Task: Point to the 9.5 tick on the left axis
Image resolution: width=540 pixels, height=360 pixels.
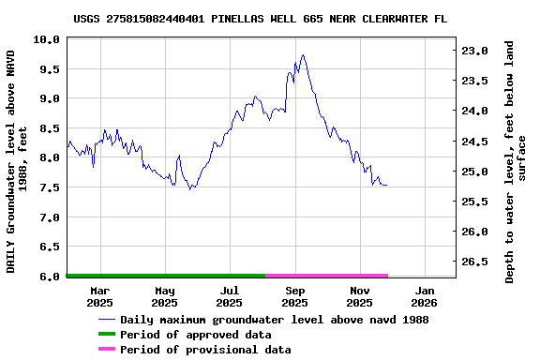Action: pyautogui.click(x=48, y=69)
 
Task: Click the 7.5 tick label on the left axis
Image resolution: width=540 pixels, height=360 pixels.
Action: pyautogui.click(x=48, y=187)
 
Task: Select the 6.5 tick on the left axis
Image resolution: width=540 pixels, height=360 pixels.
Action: pyautogui.click(x=48, y=247)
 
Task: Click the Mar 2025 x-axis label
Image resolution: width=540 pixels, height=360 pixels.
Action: pyautogui.click(x=99, y=297)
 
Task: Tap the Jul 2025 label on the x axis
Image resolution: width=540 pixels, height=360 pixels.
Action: pyautogui.click(x=229, y=297)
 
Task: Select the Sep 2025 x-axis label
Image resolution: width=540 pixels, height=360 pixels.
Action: pyautogui.click(x=294, y=297)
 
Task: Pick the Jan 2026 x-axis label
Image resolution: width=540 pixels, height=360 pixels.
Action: pyautogui.click(x=424, y=297)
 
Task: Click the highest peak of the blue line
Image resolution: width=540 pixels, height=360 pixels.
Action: pyautogui.click(x=302, y=55)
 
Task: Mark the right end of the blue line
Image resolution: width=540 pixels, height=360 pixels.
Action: pyautogui.click(x=386, y=186)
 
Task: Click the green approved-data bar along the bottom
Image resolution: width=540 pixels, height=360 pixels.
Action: pyautogui.click(x=166, y=276)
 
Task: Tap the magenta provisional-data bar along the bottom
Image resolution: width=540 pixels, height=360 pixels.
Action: pyautogui.click(x=326, y=276)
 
